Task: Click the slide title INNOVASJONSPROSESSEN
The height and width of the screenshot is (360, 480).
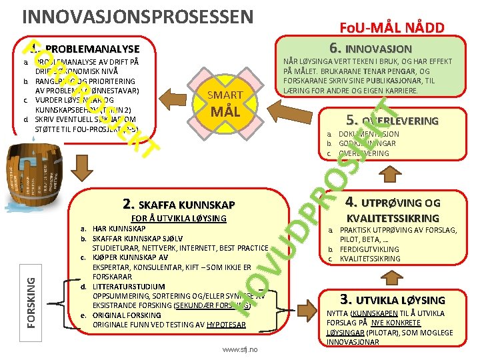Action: tap(137, 15)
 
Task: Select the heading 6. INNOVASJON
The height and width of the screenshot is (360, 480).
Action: tap(370, 48)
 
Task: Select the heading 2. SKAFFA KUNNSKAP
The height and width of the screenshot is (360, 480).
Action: tap(179, 204)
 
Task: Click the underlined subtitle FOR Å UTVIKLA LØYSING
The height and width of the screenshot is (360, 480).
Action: tap(178, 218)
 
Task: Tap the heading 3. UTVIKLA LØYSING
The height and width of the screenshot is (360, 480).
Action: tap(392, 299)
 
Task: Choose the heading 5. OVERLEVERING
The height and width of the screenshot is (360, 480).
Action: tap(392, 121)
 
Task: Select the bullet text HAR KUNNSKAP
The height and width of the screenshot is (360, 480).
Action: tap(119, 228)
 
